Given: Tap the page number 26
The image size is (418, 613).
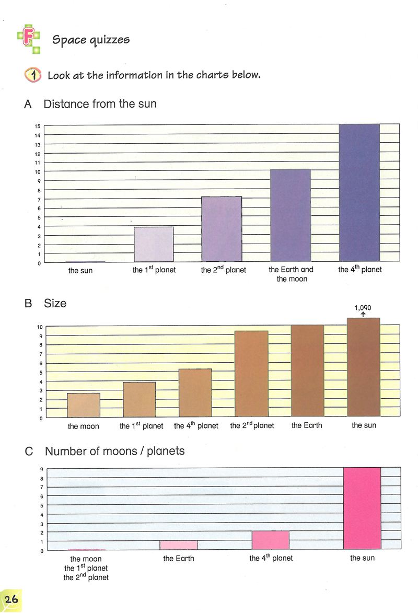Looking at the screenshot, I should coord(11,599).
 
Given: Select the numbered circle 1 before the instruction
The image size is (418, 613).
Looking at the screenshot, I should coord(32,75).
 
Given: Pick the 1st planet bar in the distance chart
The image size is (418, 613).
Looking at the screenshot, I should coord(154,244).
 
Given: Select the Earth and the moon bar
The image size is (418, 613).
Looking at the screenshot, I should coord(290,215).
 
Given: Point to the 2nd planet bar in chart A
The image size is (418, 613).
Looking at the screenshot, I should coord(222,229).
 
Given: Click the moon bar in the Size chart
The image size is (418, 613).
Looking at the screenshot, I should coord(84,405).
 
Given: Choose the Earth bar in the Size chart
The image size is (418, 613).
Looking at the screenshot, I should coord(307,371).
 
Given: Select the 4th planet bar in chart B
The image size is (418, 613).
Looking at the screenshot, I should coord(195,393).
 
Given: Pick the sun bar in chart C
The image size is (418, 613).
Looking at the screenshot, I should coord(362,508).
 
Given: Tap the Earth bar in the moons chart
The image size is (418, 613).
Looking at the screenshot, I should coord(179,545).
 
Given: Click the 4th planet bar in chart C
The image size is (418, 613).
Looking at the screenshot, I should coord(271,540).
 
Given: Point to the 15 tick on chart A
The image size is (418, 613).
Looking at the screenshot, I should coord(38,126).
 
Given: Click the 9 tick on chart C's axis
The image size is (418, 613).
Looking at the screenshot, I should coord(41,469).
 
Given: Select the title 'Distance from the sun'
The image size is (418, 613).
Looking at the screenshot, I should coord(100,104).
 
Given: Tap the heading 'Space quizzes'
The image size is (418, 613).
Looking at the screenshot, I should coord(91,40).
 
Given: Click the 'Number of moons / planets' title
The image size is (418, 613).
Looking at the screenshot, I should coord(115,451).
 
